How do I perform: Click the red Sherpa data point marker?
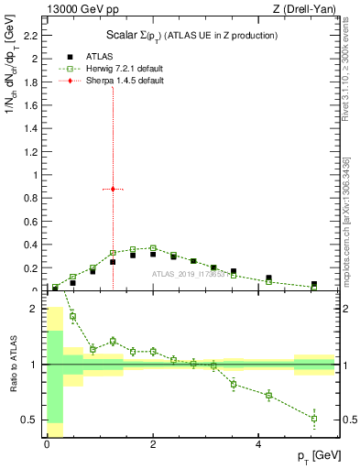[113, 189]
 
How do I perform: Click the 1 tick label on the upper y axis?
[35, 175]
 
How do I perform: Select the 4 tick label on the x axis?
[259, 443]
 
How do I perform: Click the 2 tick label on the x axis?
[153, 443]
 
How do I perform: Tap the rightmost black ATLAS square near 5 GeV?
[313, 285]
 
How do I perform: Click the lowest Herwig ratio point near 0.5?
[313, 419]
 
